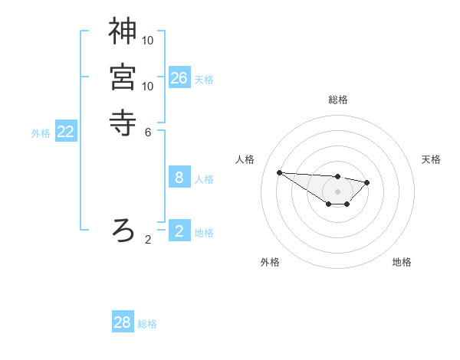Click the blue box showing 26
pyautogui.click(x=179, y=78)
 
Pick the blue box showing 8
pyautogui.click(x=179, y=178)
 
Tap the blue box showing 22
pyautogui.click(x=66, y=132)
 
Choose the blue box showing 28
pyautogui.click(x=123, y=322)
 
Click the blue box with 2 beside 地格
pyautogui.click(x=179, y=231)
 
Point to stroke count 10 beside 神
pyautogui.click(x=148, y=40)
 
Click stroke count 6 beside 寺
pyautogui.click(x=148, y=131)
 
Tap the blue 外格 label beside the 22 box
pyautogui.click(x=41, y=133)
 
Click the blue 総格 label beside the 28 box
pyautogui.click(x=147, y=324)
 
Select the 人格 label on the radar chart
pyautogui.click(x=245, y=159)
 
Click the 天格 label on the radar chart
pyautogui.click(x=431, y=159)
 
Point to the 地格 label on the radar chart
pyautogui.click(x=402, y=262)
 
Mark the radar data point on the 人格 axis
pyautogui.click(x=279, y=172)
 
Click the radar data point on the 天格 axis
pyautogui.click(x=367, y=182)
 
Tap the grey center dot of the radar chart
pyautogui.click(x=337, y=191)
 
